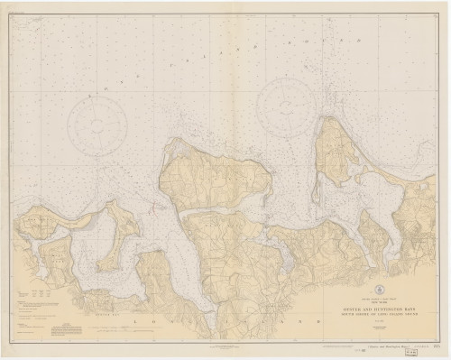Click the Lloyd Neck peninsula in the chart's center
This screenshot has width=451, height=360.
click(212, 176)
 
